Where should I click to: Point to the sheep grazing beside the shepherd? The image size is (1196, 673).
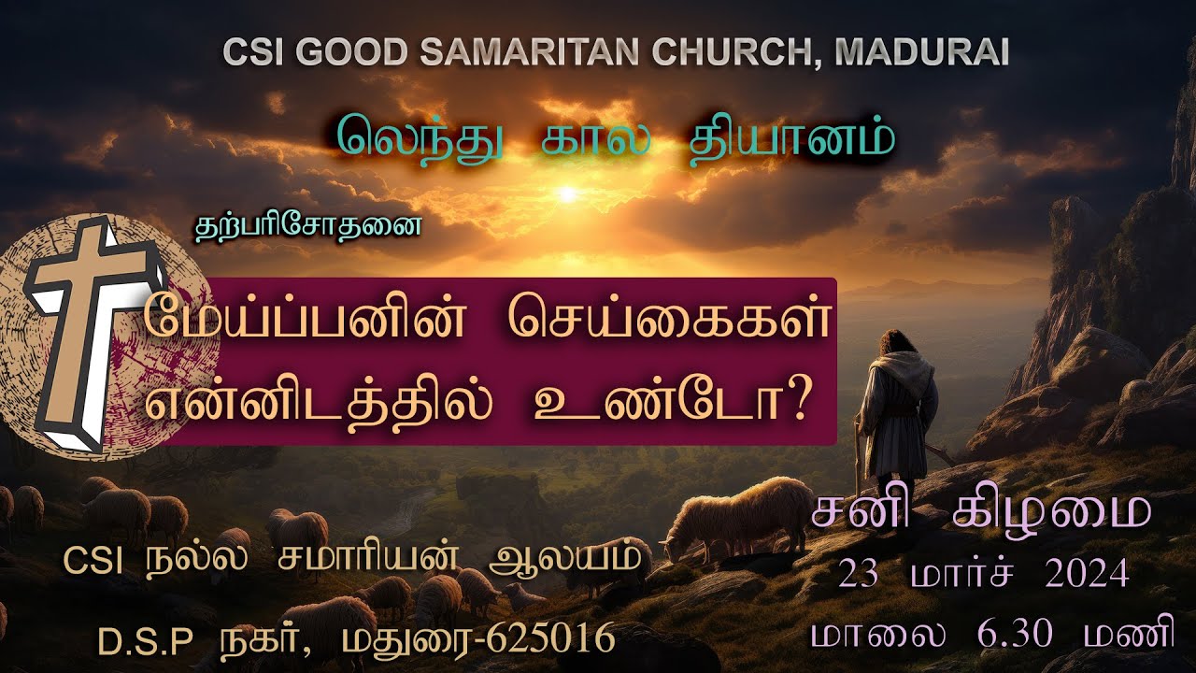743,514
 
